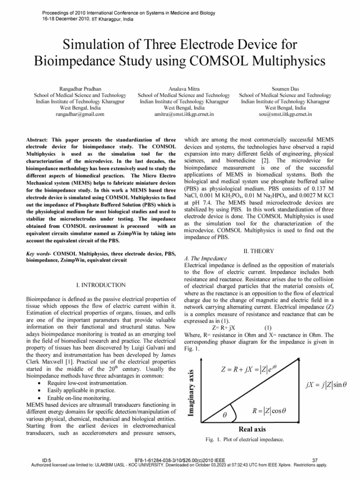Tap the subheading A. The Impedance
pyautogui.click(x=206, y=258)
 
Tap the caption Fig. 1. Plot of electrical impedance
pyautogui.click(x=245, y=440)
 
